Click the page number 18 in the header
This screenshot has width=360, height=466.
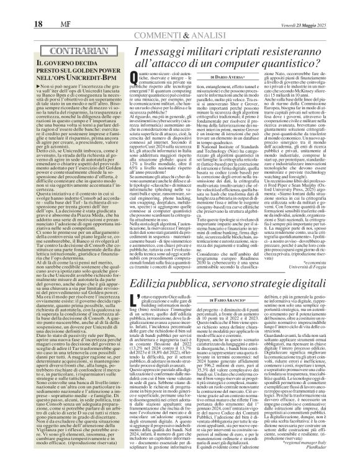19,7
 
